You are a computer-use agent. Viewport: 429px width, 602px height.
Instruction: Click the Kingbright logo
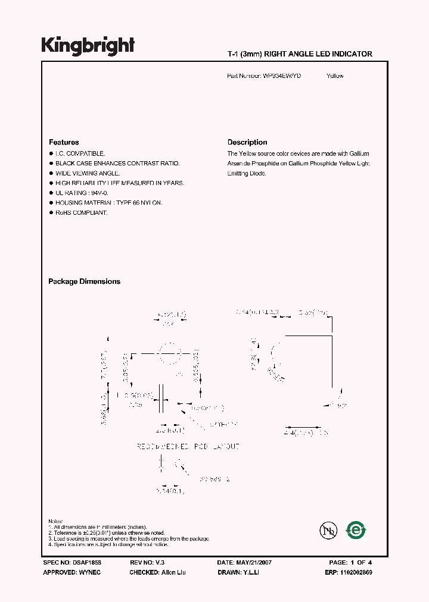[88, 46]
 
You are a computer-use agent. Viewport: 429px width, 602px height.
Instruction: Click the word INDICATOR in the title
[352, 54]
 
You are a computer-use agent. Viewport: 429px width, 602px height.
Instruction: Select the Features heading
[64, 142]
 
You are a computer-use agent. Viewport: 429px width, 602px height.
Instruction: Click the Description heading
[247, 142]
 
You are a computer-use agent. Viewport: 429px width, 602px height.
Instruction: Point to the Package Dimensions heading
[84, 281]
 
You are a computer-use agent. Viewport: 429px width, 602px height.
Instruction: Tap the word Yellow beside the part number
[335, 76]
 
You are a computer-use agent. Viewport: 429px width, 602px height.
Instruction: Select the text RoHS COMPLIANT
[82, 213]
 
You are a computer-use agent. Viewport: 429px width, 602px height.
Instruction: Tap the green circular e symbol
[356, 529]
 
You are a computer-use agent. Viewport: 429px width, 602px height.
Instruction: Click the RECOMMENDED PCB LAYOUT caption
[188, 447]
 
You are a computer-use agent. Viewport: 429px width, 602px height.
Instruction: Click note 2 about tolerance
[107, 533]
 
